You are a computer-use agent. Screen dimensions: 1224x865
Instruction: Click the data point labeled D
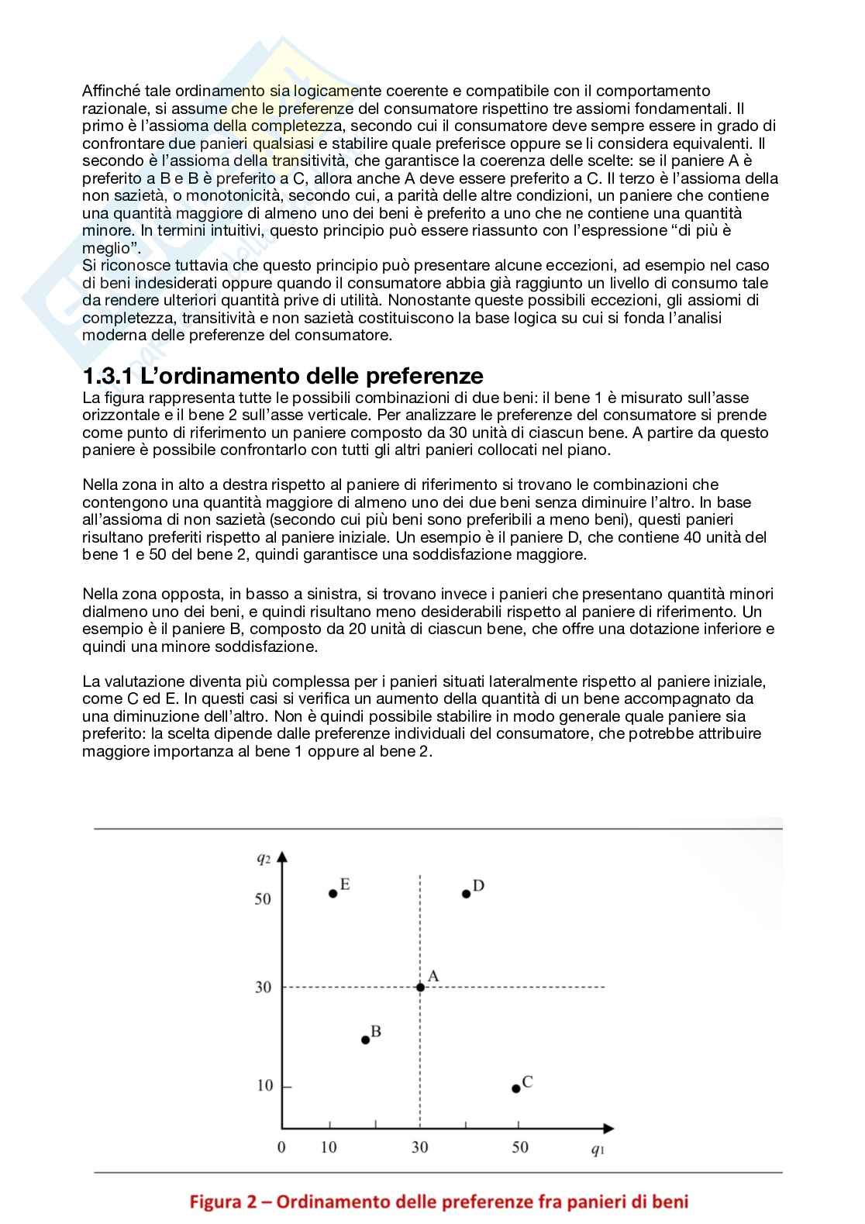coord(467,894)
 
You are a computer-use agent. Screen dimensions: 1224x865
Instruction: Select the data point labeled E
coord(333,893)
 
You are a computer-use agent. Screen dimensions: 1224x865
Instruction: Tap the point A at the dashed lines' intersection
coord(420,987)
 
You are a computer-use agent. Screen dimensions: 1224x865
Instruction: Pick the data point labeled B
coord(366,1040)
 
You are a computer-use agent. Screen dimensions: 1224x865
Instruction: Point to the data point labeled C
coord(516,1088)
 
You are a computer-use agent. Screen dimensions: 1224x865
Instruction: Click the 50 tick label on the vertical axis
coord(263,898)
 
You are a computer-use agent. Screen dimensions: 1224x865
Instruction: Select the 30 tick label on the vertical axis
coord(264,987)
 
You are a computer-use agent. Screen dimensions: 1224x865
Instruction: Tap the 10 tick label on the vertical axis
coord(265,1085)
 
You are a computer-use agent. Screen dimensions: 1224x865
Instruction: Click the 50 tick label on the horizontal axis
coord(520,1146)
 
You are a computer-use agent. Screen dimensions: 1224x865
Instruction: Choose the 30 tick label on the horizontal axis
coord(419,1146)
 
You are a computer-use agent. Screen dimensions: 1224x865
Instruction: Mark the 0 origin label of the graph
coord(281,1146)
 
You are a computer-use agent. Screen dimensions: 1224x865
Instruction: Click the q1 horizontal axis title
coord(598,1150)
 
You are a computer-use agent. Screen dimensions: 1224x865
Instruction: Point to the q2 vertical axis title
coord(264,858)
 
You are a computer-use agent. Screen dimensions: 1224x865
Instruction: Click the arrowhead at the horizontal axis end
coord(608,1128)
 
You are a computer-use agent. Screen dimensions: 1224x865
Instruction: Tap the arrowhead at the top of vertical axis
coord(282,857)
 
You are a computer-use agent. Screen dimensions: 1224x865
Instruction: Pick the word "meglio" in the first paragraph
coord(106,248)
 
